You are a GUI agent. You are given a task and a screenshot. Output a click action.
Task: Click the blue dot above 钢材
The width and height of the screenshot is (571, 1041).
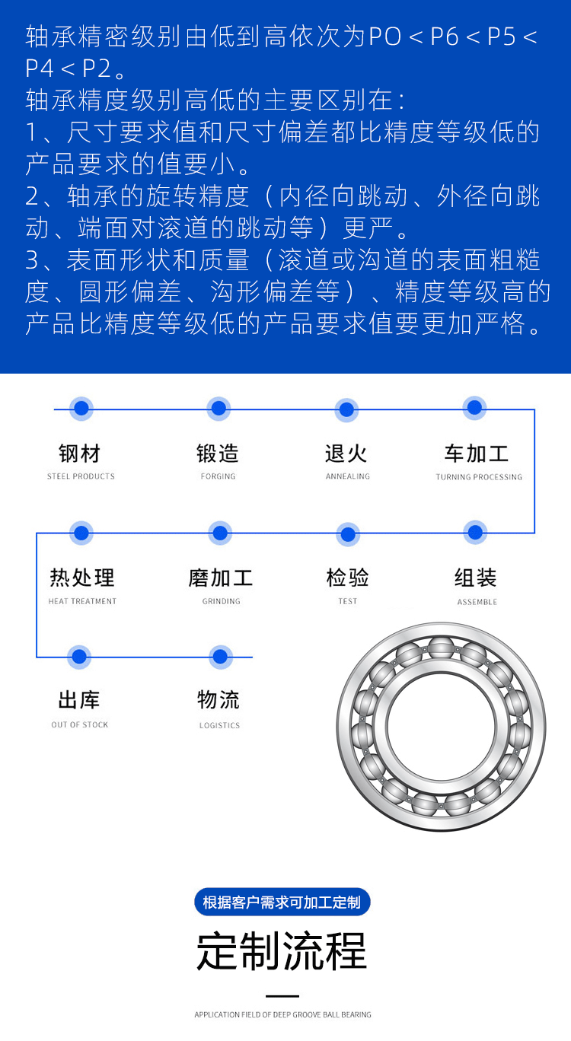click(x=81, y=409)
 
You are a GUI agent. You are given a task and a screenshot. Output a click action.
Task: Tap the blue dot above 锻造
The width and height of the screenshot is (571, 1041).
click(x=219, y=409)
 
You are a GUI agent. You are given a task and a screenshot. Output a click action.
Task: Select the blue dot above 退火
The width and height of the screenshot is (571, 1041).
click(x=347, y=409)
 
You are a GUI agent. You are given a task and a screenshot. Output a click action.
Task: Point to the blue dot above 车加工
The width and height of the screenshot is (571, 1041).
click(x=475, y=408)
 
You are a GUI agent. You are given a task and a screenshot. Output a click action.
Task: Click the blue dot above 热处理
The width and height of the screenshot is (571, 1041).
click(x=81, y=533)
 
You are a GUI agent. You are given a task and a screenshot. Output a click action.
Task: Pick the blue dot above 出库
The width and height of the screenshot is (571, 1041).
click(x=79, y=656)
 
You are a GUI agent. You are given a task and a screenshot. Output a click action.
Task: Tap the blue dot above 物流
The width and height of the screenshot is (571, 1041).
click(x=220, y=656)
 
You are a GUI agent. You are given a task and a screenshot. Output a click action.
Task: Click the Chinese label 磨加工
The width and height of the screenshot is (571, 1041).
click(x=221, y=578)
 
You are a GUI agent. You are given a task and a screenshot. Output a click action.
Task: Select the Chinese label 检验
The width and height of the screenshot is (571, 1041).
click(x=347, y=578)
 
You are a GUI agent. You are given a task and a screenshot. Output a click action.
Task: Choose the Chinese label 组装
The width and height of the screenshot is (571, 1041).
click(x=476, y=578)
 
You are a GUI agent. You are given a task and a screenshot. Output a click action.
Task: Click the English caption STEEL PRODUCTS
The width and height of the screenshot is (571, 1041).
click(x=81, y=476)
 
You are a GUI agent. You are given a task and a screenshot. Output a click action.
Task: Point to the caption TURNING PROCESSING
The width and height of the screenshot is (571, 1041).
click(x=479, y=477)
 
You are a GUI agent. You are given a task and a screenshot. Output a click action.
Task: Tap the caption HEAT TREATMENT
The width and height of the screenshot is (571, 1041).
click(x=82, y=601)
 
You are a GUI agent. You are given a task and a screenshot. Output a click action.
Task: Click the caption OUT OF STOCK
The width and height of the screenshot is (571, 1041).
click(x=80, y=724)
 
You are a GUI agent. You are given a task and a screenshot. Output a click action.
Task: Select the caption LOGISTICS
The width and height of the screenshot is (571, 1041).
click(x=219, y=725)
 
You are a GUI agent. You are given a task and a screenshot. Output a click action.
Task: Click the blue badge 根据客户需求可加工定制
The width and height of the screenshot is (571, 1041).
click(x=282, y=903)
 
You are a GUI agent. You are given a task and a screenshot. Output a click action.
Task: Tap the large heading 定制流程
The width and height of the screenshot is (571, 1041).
click(x=282, y=950)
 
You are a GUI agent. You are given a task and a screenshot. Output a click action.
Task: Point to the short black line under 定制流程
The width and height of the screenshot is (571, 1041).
click(x=282, y=996)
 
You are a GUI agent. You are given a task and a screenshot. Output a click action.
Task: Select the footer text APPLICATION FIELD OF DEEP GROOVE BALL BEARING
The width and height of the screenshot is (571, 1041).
click(x=282, y=1014)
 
